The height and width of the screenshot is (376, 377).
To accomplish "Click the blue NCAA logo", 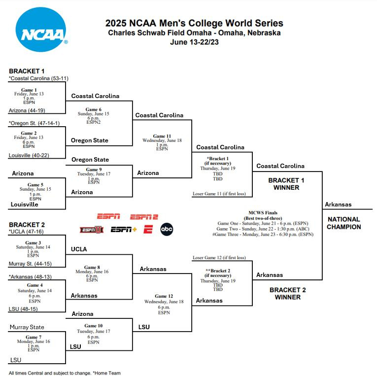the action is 41,30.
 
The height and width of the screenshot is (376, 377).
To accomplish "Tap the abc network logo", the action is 167,229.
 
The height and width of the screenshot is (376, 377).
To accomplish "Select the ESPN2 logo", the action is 144,217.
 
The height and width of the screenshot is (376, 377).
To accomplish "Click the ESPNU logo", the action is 92,230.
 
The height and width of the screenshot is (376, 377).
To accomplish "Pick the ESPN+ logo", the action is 124,230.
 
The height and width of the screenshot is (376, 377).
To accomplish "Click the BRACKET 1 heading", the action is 27,71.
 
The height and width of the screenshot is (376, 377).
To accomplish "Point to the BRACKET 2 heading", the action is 27,225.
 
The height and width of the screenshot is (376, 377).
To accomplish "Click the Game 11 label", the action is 162,136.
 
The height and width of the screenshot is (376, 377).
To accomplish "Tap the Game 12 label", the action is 164,296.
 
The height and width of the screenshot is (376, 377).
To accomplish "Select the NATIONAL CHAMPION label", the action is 344,223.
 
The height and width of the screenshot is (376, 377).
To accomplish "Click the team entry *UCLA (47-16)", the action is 26,232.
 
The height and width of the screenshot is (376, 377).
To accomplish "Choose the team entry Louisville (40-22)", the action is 29,155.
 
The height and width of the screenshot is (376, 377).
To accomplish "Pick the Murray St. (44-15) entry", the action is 30,264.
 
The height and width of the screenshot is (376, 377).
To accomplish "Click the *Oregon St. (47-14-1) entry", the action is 34,123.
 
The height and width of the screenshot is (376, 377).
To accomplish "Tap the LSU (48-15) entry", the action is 23,309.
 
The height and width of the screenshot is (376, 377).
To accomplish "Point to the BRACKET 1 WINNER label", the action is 286,184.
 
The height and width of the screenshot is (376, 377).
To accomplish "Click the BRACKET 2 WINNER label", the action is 288,294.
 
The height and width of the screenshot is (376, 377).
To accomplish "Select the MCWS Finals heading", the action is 263,213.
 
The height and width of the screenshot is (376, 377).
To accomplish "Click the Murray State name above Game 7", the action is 27,327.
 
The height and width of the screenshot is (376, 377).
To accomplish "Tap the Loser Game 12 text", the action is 219,258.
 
